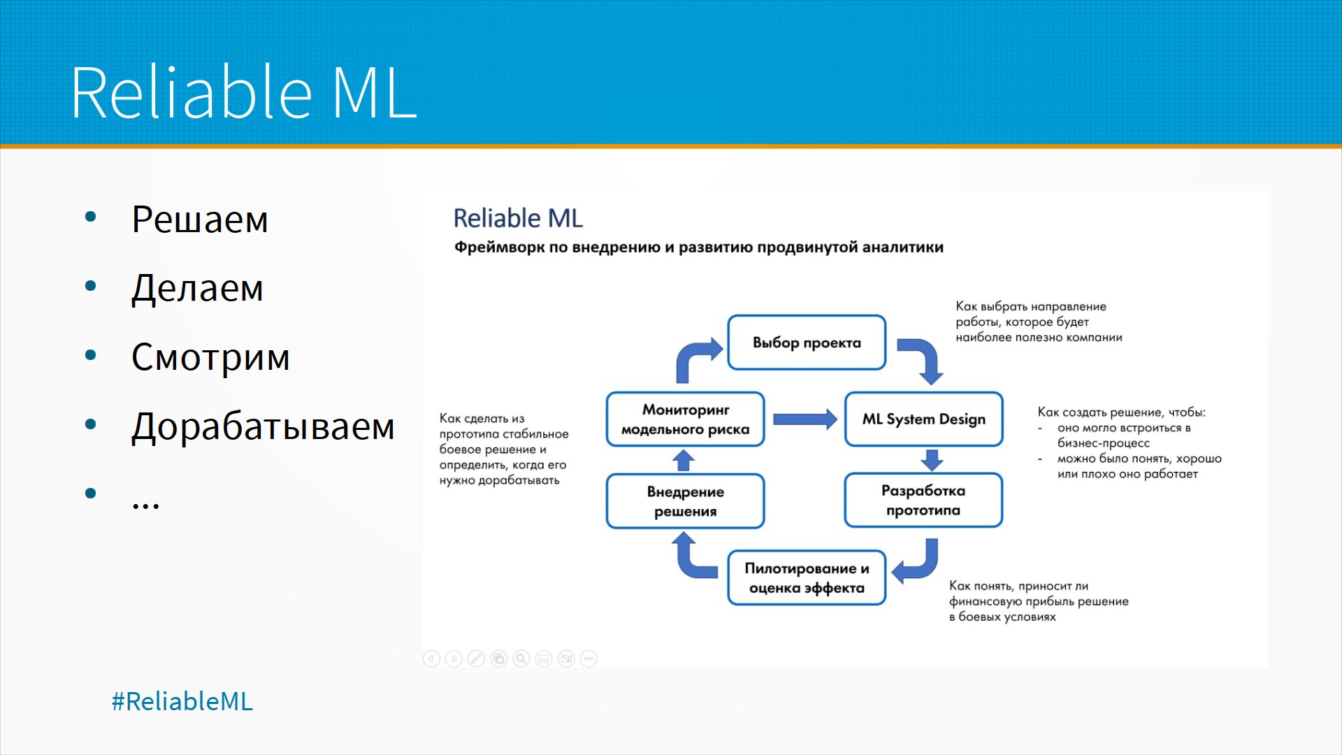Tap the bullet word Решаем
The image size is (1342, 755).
coord(200,220)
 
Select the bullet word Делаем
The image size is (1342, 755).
coord(197,288)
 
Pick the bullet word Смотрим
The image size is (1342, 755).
coord(210,357)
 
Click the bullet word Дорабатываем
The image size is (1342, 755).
coord(263,426)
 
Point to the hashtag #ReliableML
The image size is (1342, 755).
coord(182,701)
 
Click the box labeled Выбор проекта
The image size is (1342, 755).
coord(807,343)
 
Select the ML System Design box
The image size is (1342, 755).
coord(923,419)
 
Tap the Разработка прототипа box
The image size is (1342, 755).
coord(923,501)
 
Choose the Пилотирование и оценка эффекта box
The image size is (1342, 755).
coord(807,578)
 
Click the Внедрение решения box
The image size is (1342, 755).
coord(685,501)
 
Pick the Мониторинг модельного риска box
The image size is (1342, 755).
coord(685,419)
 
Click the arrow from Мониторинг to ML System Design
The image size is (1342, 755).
coord(805,419)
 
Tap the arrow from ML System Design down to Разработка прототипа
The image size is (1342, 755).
coord(932,460)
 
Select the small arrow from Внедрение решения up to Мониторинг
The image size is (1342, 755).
coord(684,460)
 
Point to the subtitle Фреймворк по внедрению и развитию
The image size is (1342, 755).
coord(699,247)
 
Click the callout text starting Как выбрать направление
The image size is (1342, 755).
coord(1039,322)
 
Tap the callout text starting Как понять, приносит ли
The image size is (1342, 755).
coord(1039,601)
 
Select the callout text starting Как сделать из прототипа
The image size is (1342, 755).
coord(504,450)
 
